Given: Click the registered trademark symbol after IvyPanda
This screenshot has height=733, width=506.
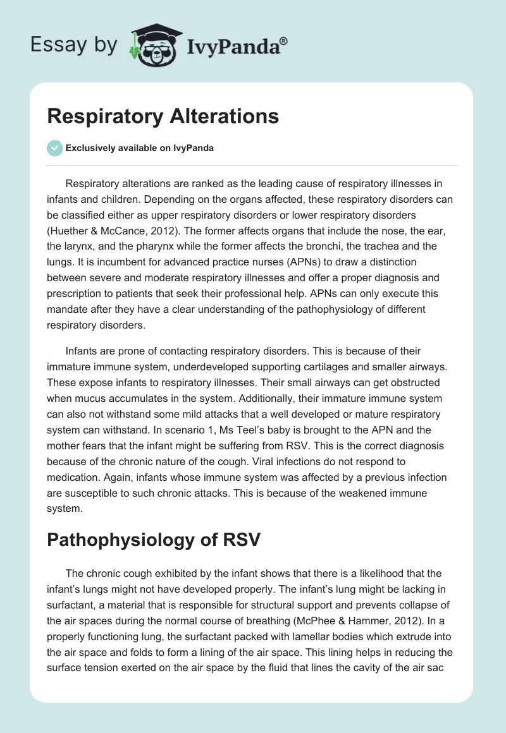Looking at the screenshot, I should point(284,42).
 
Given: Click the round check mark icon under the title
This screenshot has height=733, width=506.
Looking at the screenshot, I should point(54,148).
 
